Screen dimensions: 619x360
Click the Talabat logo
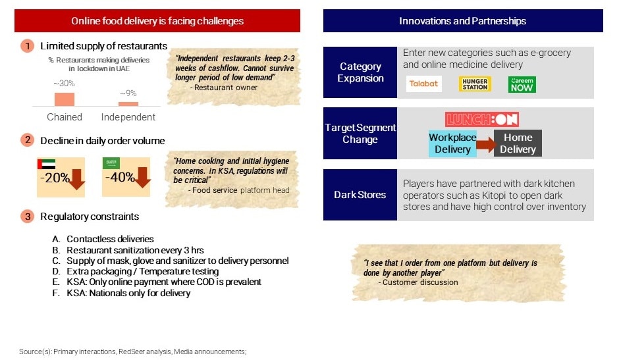423,84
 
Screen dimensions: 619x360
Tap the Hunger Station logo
475,84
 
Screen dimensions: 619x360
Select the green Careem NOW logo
522,84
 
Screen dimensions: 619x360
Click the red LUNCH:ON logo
481,119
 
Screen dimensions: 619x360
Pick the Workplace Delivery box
452,143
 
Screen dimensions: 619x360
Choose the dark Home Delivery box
518,143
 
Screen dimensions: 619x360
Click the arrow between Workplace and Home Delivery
485,145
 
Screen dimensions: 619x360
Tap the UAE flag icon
46,164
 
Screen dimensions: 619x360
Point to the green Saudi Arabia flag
111,163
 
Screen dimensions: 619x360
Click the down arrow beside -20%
77,179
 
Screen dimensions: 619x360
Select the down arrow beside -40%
143,177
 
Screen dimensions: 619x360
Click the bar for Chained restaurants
65,99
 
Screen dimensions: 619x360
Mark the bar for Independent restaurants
128,104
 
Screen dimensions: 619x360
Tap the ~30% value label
64,84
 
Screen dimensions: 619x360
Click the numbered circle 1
27,46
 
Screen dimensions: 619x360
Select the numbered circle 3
27,217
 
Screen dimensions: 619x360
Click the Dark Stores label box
360,195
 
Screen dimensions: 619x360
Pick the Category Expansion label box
360,72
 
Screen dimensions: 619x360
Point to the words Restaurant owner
225,88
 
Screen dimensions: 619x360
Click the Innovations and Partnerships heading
463,21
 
